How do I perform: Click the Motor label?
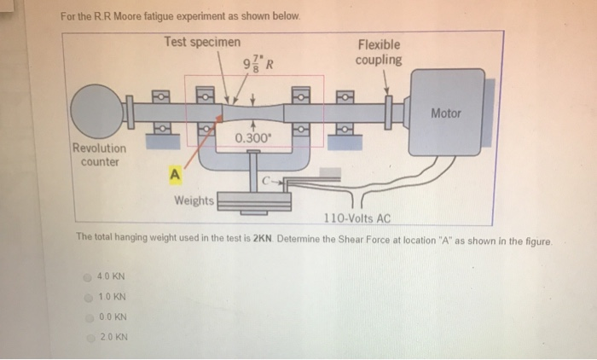pos(446,113)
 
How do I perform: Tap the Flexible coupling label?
pos(379,52)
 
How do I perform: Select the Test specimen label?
pos(202,43)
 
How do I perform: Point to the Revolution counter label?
pos(99,154)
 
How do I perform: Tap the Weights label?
pos(194,201)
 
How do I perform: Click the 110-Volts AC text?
pos(356,218)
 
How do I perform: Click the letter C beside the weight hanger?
pos(267,180)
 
